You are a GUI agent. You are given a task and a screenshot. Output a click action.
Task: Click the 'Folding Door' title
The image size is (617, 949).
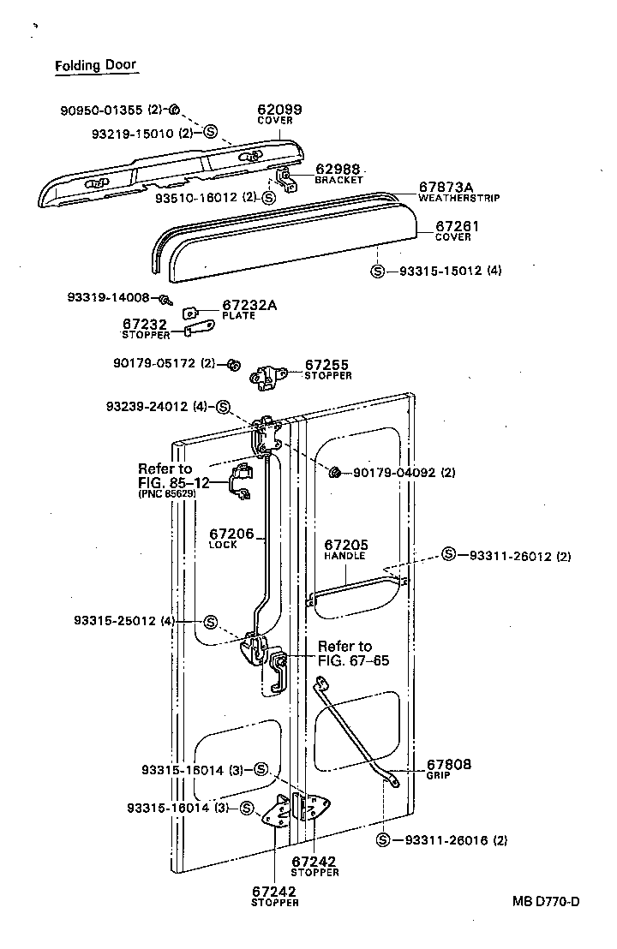pos(95,65)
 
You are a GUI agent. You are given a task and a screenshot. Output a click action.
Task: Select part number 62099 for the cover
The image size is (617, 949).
pos(279,110)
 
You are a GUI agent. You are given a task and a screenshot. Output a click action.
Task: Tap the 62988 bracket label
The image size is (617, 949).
pos(338,170)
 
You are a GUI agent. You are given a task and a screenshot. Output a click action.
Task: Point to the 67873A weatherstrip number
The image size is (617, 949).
pos(446,187)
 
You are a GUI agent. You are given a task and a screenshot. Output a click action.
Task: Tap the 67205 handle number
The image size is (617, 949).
pos(344,545)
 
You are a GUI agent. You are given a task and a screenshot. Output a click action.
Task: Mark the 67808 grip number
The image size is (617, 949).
pos(449,764)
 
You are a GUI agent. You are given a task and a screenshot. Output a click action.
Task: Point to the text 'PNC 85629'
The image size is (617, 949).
pos(166,494)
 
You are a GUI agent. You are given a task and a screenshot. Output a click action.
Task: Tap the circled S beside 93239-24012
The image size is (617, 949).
pos(222,406)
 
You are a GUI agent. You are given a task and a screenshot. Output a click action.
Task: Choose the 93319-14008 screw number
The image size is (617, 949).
pos(108,297)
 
